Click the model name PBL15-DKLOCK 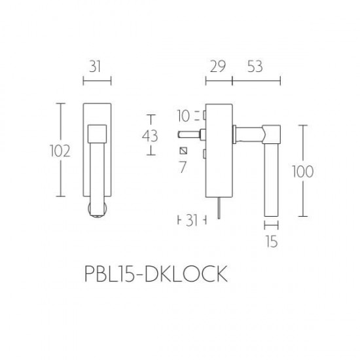coord(156,274)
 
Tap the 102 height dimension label coord(60,151)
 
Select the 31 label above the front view coord(95,67)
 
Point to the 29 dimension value coord(218,67)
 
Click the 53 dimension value coord(255,67)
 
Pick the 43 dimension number coord(150,136)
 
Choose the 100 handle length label coord(303,171)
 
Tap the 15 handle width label coord(272,242)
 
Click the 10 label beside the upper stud coord(183,116)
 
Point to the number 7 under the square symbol coord(183,167)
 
